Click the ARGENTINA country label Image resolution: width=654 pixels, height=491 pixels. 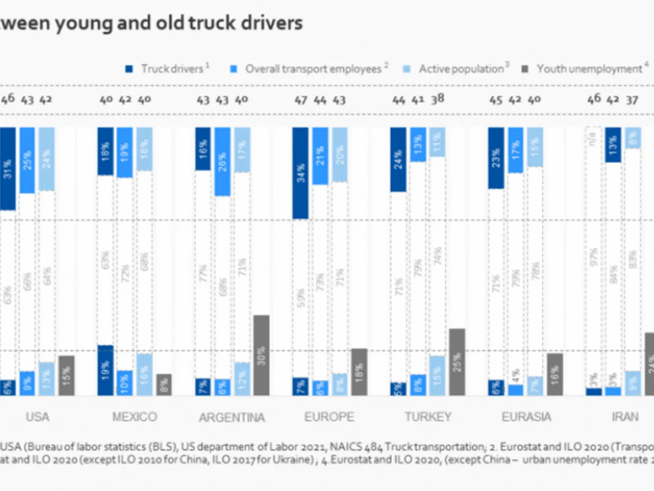pos(232,418)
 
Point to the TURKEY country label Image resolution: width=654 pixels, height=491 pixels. pos(428,417)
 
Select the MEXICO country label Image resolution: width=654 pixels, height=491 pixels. pos(135,417)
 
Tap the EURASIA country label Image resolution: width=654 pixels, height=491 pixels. pos(526,417)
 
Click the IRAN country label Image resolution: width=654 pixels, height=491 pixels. pos(625,417)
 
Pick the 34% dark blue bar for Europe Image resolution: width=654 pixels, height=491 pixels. pos(301,173)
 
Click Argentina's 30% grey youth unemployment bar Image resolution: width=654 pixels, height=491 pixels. pos(262,355)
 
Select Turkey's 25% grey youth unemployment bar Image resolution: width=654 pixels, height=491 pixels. pos(457,362)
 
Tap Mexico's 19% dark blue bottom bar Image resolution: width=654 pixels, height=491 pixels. pos(105,370)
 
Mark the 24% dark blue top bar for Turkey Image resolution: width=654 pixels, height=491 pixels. pos(398,159)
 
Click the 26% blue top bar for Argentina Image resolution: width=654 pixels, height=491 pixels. pos(222,161)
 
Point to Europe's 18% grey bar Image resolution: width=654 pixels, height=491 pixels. pos(359,372)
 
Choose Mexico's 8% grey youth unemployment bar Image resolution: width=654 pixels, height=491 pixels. pos(164,385)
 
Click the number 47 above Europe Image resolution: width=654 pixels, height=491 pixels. pos(300,100)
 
